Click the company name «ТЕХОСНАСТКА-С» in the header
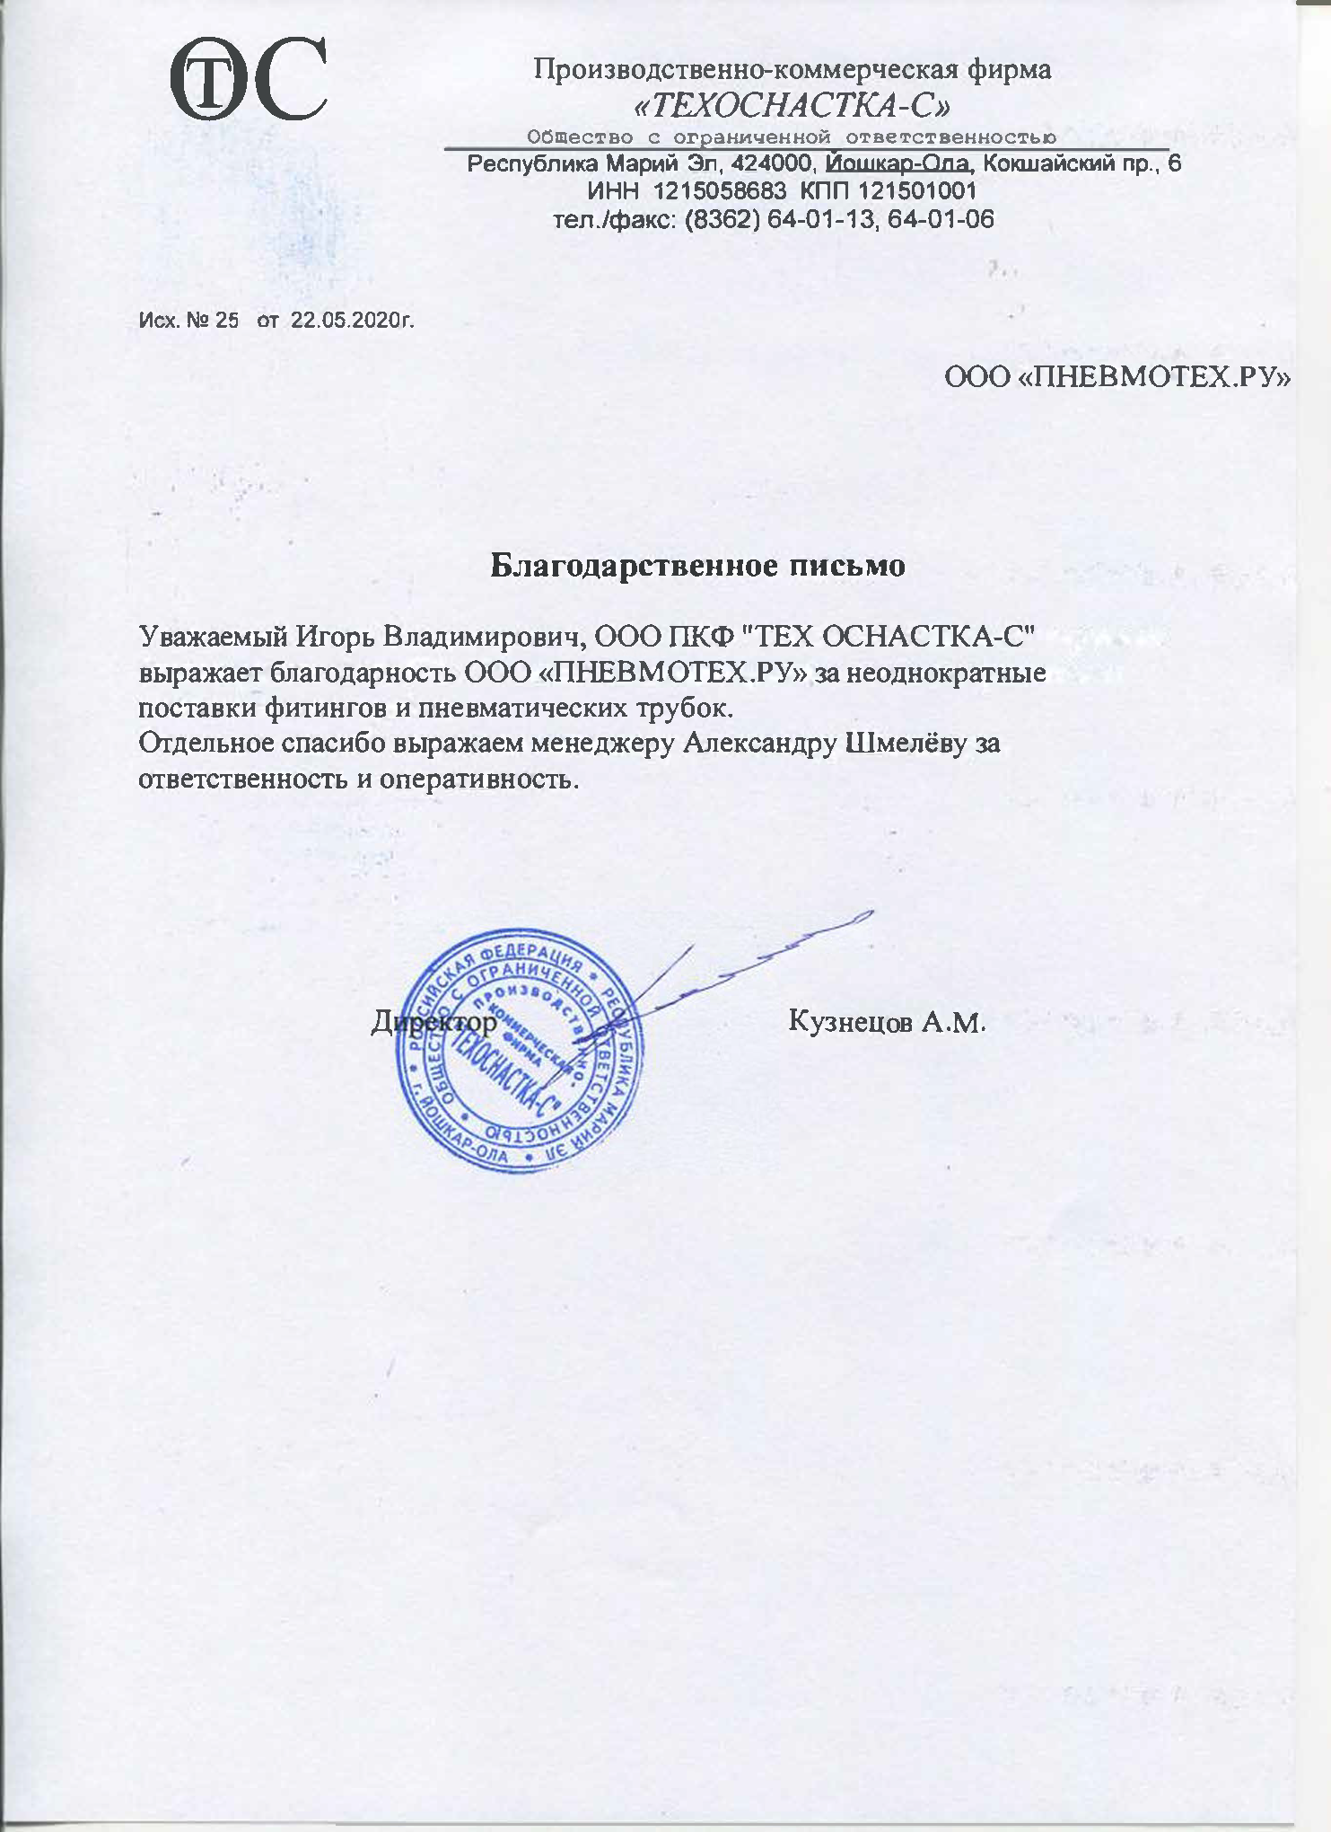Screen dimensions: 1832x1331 792,107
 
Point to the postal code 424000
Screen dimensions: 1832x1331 773,164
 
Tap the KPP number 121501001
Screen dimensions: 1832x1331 917,191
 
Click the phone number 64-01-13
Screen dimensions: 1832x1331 819,219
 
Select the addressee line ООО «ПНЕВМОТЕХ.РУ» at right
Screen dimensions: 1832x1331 1117,377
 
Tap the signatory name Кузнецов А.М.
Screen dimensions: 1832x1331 887,1021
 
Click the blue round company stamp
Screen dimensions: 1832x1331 521,1051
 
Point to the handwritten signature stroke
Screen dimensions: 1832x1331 763,961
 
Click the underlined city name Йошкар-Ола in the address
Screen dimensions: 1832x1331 898,164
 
